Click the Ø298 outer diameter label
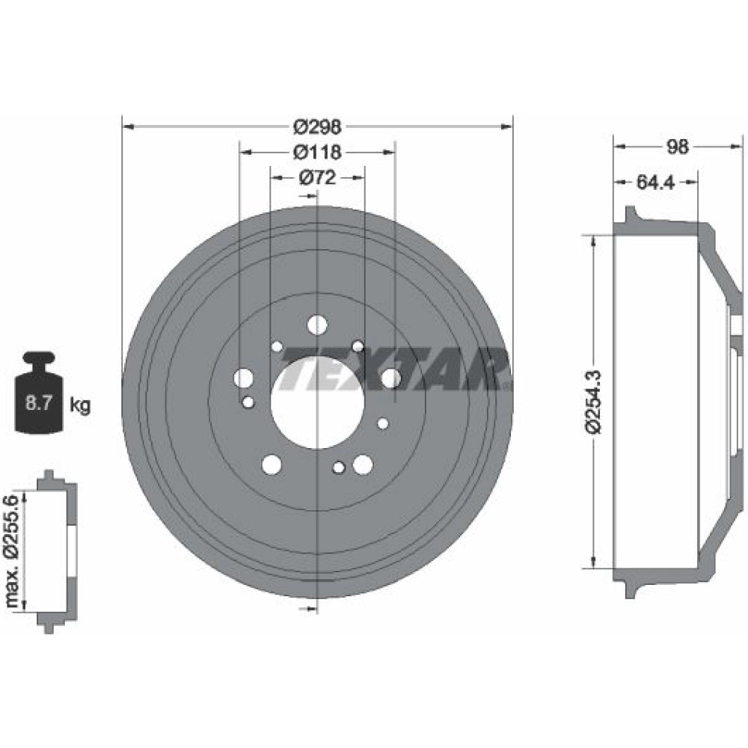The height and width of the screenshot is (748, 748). [x=317, y=127]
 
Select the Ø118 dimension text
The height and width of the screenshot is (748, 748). [x=317, y=152]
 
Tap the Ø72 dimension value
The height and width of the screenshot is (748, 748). [x=317, y=178]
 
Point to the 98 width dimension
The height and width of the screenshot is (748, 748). [x=678, y=147]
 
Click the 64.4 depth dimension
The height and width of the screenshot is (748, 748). [x=656, y=183]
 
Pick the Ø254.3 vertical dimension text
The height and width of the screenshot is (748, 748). [x=595, y=402]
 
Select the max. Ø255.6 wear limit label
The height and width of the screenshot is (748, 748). [x=13, y=551]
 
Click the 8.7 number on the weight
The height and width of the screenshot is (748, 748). [x=39, y=404]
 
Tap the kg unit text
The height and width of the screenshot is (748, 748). [x=80, y=405]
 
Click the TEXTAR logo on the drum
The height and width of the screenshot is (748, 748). [x=394, y=369]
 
